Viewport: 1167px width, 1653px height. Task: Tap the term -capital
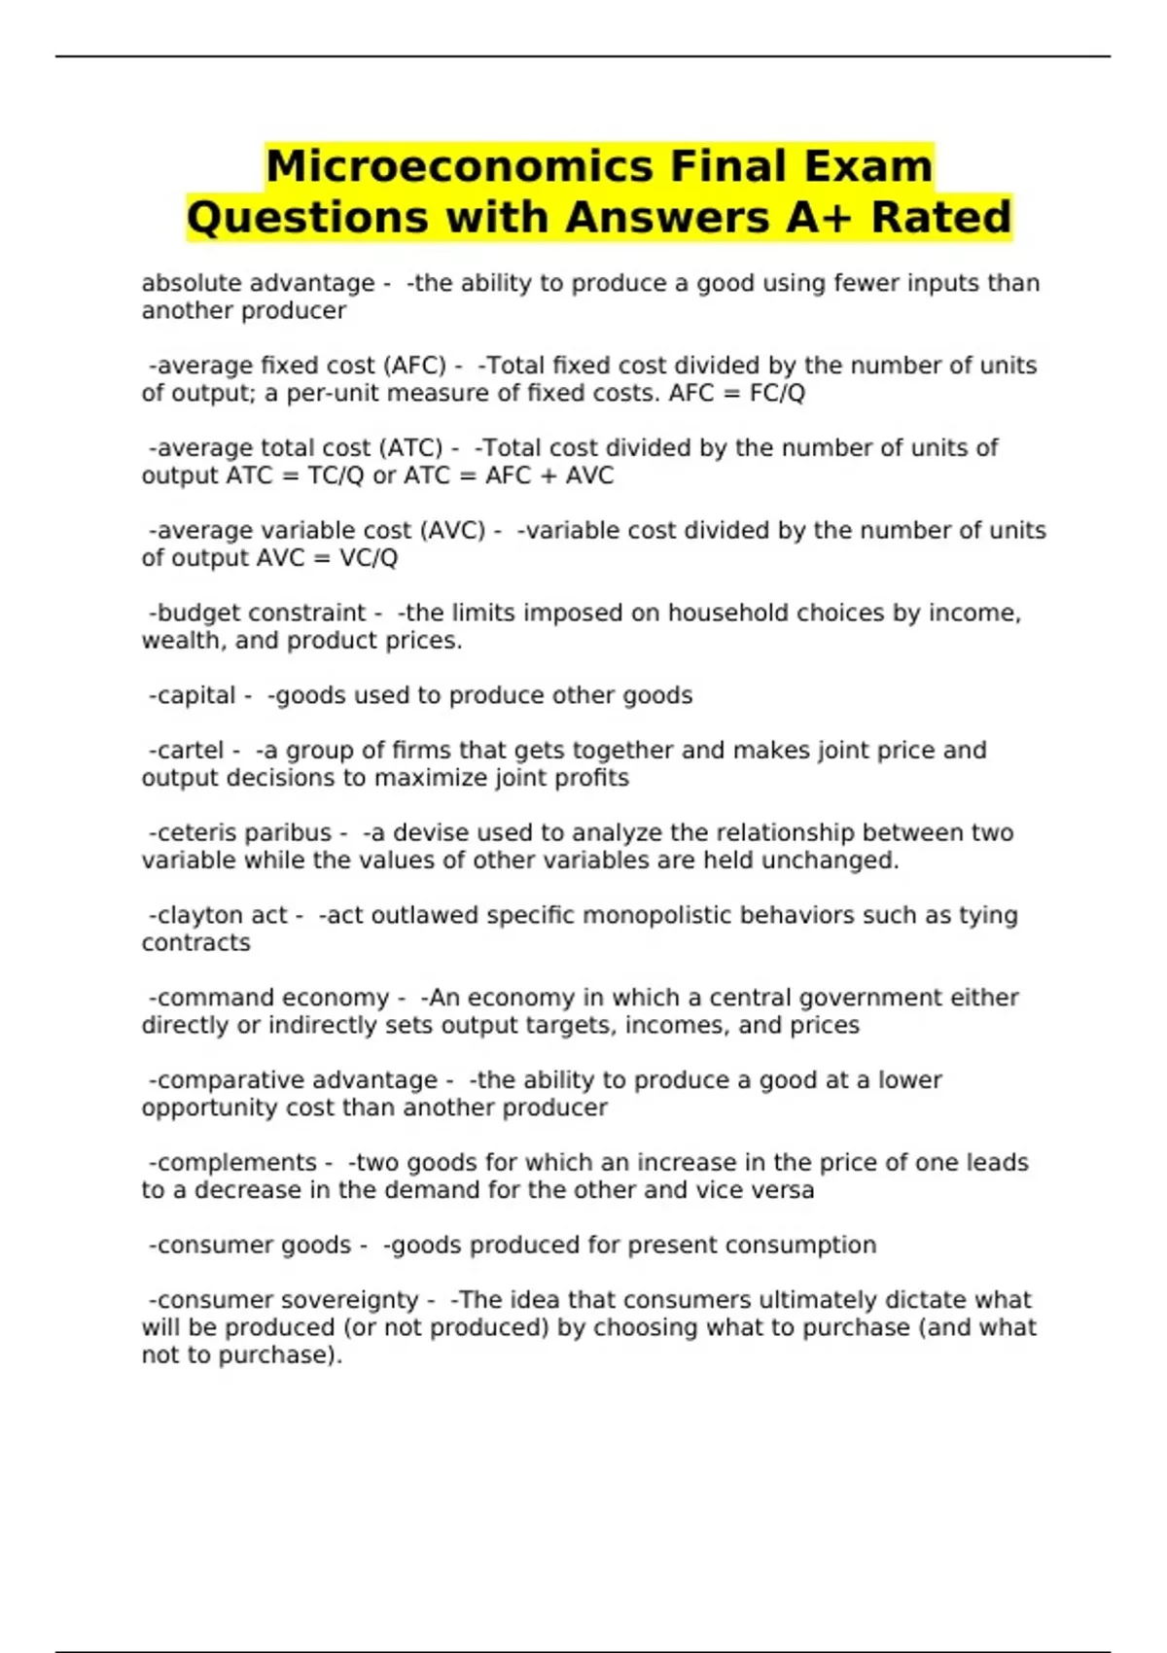pos(192,696)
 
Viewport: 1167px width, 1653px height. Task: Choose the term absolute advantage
pos(258,283)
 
